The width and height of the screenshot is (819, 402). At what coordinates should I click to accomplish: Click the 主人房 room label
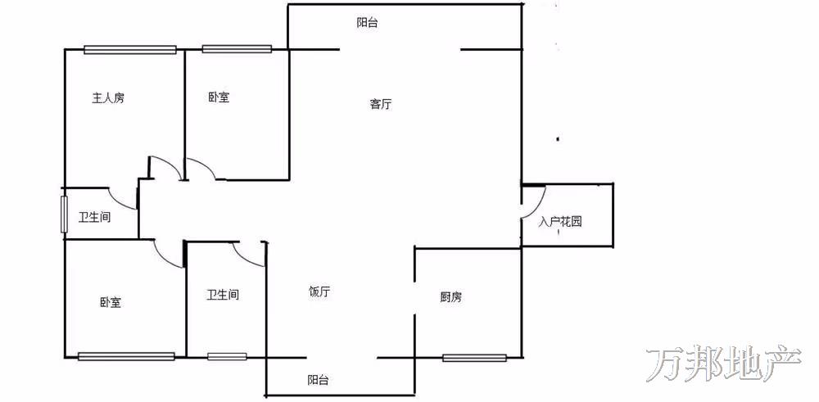(108, 98)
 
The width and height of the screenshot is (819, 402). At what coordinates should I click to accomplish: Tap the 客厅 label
(380, 104)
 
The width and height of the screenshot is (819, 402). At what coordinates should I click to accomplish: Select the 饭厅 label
(319, 291)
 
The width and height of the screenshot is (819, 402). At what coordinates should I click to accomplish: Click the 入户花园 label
(560, 221)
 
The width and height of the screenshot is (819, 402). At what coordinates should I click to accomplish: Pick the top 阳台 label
(367, 23)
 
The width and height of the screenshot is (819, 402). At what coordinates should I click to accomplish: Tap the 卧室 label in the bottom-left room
(111, 303)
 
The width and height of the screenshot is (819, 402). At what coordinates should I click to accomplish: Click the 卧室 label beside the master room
(219, 98)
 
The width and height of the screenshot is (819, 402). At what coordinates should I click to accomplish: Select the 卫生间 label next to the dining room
(223, 295)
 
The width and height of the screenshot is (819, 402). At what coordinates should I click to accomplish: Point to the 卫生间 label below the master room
(94, 218)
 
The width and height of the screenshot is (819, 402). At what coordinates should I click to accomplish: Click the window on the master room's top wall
(130, 49)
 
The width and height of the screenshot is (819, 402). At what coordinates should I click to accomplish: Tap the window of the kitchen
(474, 357)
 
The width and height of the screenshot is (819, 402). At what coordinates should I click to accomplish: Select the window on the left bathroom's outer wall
(64, 214)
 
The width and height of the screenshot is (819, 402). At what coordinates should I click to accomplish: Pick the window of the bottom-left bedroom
(126, 356)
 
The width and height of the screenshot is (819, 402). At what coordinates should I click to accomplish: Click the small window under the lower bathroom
(227, 356)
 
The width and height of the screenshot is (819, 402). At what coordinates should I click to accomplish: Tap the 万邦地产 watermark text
(724, 365)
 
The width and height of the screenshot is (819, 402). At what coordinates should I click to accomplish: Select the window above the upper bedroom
(237, 49)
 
